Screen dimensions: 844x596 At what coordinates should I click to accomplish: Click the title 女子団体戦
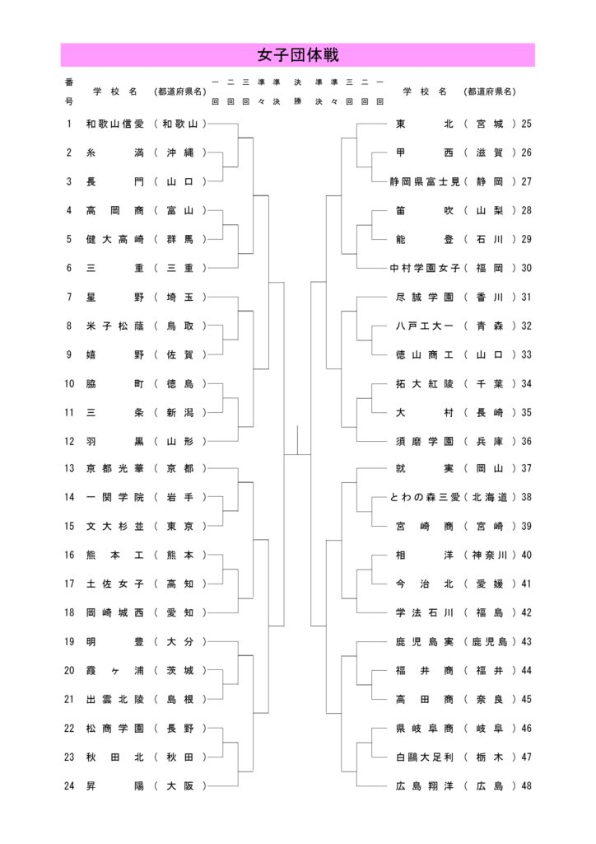297,55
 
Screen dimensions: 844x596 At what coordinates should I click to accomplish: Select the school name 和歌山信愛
115,124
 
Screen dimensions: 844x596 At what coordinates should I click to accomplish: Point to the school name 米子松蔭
115,326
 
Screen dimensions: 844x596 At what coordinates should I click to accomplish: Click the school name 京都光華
115,469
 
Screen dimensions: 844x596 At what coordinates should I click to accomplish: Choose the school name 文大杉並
115,527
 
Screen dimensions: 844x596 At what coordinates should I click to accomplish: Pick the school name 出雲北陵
115,699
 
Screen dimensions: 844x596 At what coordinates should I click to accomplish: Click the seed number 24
69,785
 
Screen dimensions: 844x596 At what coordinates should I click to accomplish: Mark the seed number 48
527,785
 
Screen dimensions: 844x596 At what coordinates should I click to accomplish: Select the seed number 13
69,469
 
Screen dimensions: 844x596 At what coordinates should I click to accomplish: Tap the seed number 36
527,441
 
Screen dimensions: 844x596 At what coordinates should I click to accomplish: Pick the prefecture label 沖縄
180,153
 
